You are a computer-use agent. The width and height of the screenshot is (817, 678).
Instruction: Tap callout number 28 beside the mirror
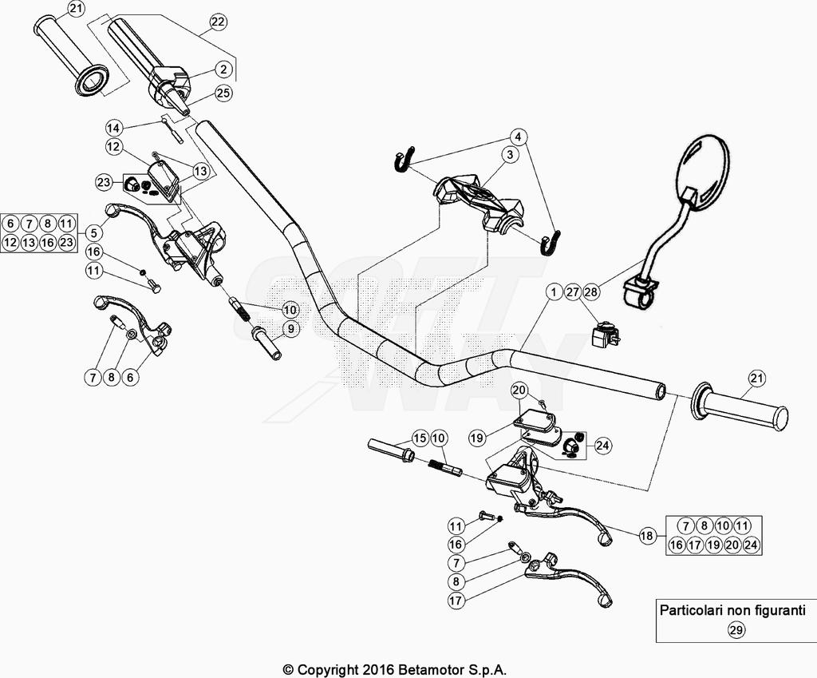click(x=590, y=292)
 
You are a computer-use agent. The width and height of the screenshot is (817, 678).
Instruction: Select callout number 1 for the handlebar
click(x=552, y=292)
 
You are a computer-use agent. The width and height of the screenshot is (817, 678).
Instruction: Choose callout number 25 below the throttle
click(x=223, y=93)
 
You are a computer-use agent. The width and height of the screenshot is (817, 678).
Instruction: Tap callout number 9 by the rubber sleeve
click(x=290, y=328)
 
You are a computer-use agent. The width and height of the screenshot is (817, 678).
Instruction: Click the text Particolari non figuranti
click(x=732, y=610)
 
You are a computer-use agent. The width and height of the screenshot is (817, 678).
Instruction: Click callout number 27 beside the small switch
click(x=572, y=292)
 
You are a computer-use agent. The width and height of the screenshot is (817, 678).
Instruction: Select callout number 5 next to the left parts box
click(x=93, y=232)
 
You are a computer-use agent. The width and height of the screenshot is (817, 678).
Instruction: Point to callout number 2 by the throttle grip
click(x=224, y=69)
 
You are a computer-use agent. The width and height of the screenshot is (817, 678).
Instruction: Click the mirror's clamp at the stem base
click(x=641, y=290)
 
